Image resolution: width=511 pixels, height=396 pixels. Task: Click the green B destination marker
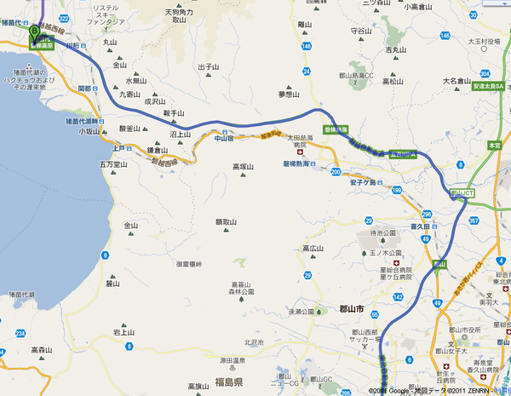point(34,32)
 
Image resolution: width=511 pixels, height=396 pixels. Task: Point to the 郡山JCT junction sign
point(461,194)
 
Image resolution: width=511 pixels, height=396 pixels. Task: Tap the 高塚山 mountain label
point(244,168)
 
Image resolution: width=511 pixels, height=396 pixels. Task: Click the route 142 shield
point(398,296)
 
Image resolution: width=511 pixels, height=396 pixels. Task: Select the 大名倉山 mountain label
point(456,81)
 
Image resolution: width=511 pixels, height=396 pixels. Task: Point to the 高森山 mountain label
point(42,349)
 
